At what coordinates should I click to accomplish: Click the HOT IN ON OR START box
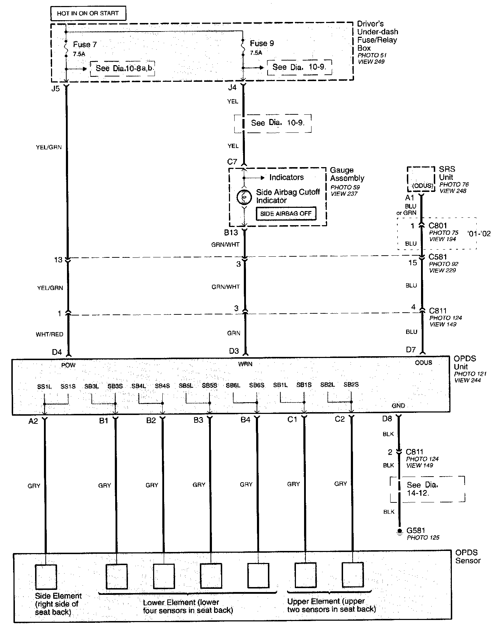pyautogui.click(x=88, y=13)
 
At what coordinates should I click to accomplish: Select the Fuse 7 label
pyautogui.click(x=85, y=45)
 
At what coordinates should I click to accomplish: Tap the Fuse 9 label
pyautogui.click(x=262, y=44)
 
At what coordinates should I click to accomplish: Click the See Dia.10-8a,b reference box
pyautogui.click(x=123, y=68)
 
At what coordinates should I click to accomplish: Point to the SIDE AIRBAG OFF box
pyautogui.click(x=286, y=214)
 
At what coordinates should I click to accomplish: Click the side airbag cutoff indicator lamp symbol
pyautogui.click(x=244, y=197)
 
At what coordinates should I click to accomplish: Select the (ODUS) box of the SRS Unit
pyautogui.click(x=421, y=179)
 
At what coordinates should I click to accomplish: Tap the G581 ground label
pyautogui.click(x=416, y=530)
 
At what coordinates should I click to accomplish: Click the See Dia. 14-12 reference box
pyautogui.click(x=427, y=489)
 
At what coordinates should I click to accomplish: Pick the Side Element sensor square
pyautogui.click(x=46, y=577)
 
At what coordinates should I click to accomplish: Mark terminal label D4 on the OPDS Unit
pyautogui.click(x=57, y=352)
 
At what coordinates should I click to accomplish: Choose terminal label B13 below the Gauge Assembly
pyautogui.click(x=231, y=233)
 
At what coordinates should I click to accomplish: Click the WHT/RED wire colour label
pyautogui.click(x=49, y=334)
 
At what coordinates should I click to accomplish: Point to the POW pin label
pyautogui.click(x=68, y=365)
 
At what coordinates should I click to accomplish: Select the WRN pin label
pyautogui.click(x=245, y=364)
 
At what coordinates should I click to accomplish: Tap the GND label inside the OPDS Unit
pyautogui.click(x=398, y=405)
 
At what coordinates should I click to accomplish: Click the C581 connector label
pyautogui.click(x=438, y=257)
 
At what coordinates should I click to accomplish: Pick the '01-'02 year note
pyautogui.click(x=479, y=234)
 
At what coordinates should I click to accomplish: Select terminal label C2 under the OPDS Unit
pyautogui.click(x=340, y=419)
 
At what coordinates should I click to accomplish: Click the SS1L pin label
pyautogui.click(x=44, y=387)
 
